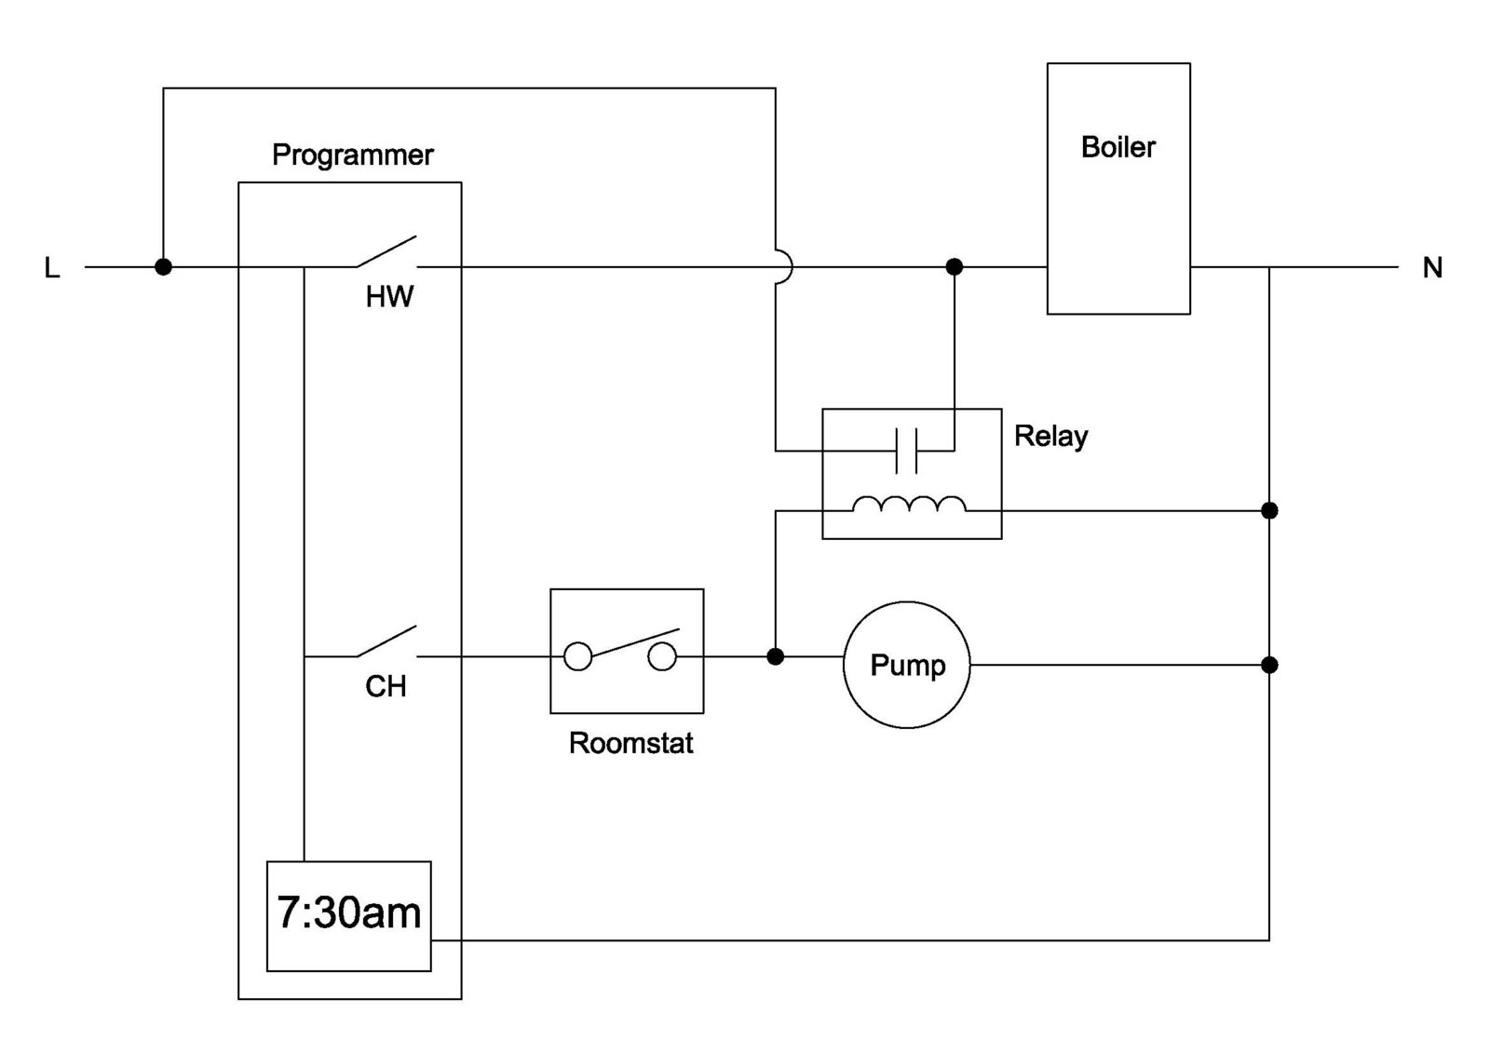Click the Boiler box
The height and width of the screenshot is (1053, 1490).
pyautogui.click(x=1117, y=188)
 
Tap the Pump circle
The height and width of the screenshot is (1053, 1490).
pyautogui.click(x=906, y=665)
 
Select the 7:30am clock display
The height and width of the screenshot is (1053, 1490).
pyautogui.click(x=348, y=915)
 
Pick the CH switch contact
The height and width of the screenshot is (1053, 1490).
pyautogui.click(x=386, y=642)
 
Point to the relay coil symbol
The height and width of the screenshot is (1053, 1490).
pyautogui.click(x=909, y=505)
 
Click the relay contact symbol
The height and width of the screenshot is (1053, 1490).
pyautogui.click(x=905, y=451)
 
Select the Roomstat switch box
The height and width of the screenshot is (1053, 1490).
pyautogui.click(x=626, y=651)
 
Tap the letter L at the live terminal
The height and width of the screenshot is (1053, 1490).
pyautogui.click(x=52, y=268)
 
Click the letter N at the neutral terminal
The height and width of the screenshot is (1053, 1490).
pyautogui.click(x=1432, y=268)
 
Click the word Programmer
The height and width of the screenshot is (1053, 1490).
pyautogui.click(x=352, y=155)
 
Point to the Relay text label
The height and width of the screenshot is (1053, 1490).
pyautogui.click(x=1050, y=436)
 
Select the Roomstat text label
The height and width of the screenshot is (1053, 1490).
pyautogui.click(x=630, y=743)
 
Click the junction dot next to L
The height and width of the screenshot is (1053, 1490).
pyautogui.click(x=163, y=267)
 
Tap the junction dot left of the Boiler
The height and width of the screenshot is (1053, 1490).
pyautogui.click(x=954, y=267)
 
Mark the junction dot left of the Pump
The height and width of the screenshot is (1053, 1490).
pyautogui.click(x=775, y=657)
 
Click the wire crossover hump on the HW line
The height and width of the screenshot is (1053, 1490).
pyautogui.click(x=784, y=267)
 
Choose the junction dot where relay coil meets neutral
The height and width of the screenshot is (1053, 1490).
pyautogui.click(x=1268, y=511)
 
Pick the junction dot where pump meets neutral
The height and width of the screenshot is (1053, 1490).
pyautogui.click(x=1268, y=665)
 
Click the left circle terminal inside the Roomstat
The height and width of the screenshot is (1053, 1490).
pyautogui.click(x=577, y=657)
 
